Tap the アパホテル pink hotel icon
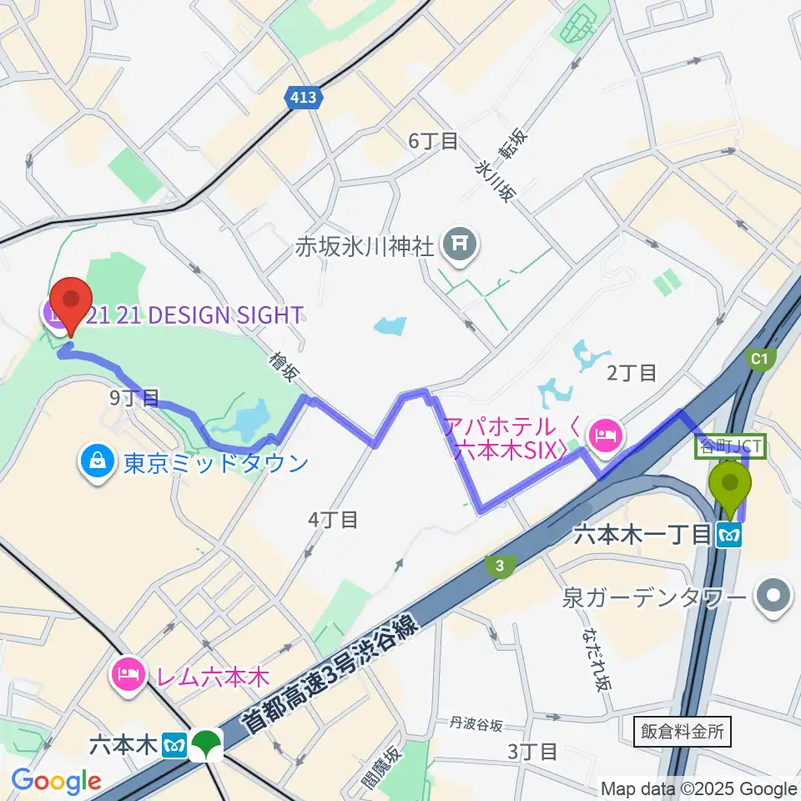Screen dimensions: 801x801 602,434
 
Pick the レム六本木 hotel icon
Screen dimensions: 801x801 128,673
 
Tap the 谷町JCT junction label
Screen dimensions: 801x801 731,448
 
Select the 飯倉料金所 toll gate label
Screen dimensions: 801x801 683,732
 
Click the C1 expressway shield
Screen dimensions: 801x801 758,359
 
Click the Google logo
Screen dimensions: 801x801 57,781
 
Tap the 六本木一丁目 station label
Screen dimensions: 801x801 642,534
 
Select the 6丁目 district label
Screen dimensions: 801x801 433,141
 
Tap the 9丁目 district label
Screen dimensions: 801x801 134,397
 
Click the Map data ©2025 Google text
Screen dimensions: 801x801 699,788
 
